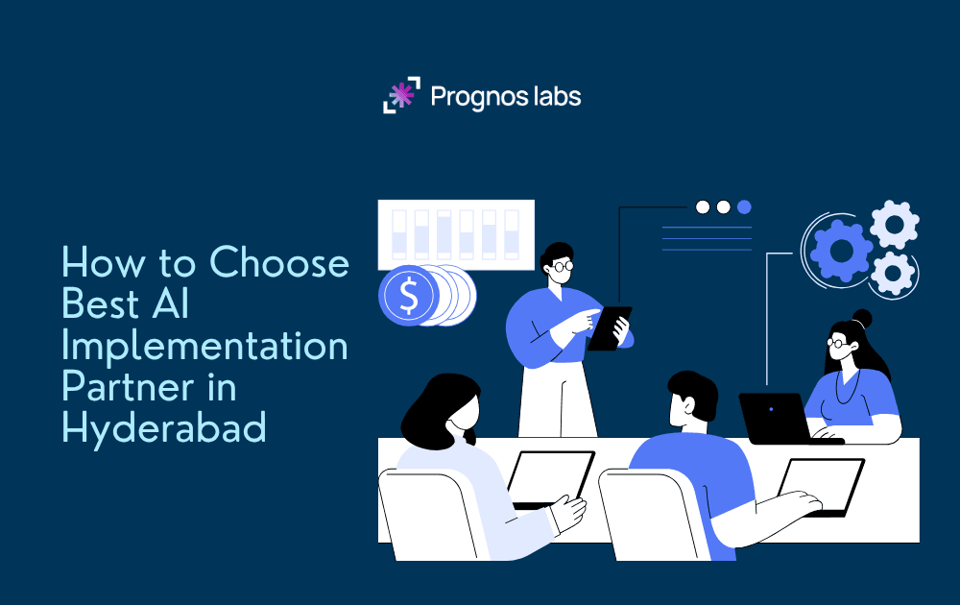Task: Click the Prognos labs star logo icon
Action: [402, 95]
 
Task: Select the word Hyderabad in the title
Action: [163, 426]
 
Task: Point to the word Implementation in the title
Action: [204, 345]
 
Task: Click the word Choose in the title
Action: [279, 261]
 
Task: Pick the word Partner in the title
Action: [123, 386]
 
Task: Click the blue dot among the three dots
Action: [744, 206]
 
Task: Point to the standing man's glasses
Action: [563, 265]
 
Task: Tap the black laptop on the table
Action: [776, 418]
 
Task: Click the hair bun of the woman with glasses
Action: [861, 318]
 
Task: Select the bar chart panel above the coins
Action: [456, 233]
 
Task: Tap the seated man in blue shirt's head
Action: [694, 399]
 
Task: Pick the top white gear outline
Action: [894, 225]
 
